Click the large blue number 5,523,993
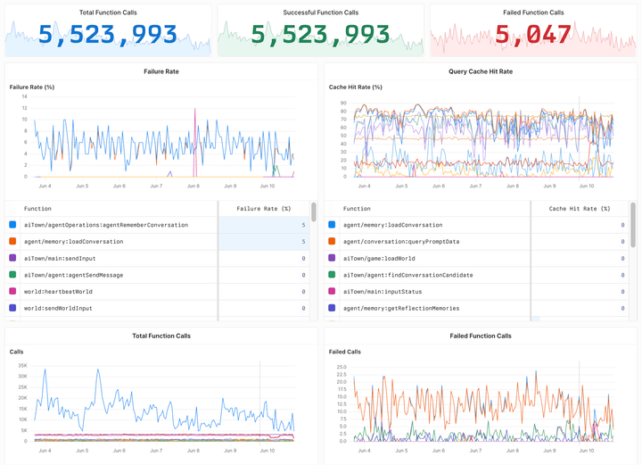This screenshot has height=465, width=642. (x=108, y=35)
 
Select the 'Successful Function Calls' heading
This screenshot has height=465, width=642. (x=320, y=12)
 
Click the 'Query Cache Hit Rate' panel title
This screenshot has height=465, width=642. (x=480, y=71)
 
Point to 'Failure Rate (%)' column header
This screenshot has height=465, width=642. (x=263, y=208)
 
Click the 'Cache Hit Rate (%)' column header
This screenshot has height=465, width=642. (x=580, y=208)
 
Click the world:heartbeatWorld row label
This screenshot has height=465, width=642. (x=58, y=292)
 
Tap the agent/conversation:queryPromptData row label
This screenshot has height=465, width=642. (x=402, y=241)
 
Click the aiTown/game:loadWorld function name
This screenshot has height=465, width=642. (x=379, y=258)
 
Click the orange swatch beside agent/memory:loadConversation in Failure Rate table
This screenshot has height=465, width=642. (x=12, y=241)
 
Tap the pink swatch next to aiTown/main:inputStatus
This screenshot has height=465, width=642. (x=332, y=292)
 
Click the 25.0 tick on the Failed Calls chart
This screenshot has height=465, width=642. (x=341, y=366)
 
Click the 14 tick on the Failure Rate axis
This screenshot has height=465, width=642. (x=23, y=96)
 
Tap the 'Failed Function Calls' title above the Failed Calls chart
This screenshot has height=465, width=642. (x=480, y=336)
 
